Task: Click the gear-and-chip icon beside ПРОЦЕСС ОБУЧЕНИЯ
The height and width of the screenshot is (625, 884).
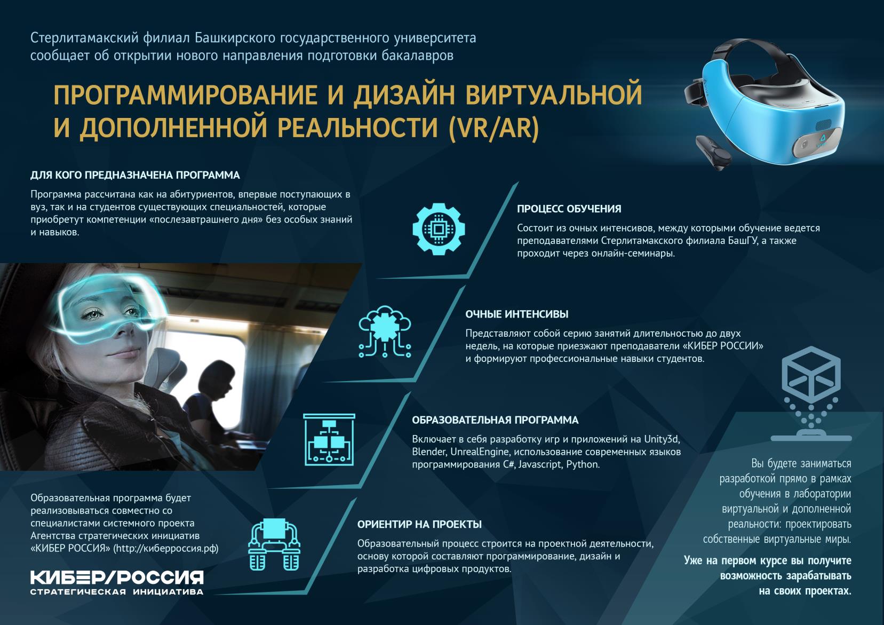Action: click(439, 229)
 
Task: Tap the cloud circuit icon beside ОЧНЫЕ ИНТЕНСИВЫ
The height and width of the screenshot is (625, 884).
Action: click(385, 332)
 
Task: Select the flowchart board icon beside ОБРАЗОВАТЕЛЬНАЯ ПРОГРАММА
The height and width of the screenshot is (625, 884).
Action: click(329, 439)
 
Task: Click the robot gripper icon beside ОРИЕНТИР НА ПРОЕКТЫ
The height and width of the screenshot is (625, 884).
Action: click(274, 544)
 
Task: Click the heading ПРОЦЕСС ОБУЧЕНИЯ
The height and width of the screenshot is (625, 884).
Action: click(569, 209)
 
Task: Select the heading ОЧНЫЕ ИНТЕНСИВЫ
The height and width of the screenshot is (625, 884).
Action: click(517, 314)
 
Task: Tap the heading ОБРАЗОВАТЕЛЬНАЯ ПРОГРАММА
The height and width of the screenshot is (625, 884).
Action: click(495, 420)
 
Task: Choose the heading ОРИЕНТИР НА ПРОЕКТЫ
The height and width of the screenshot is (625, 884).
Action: click(419, 524)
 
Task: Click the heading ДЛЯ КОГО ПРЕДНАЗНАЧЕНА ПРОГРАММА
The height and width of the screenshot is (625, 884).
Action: click(135, 175)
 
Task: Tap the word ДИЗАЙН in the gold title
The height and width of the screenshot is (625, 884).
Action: click(404, 95)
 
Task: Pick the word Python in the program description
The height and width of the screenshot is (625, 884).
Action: click(583, 464)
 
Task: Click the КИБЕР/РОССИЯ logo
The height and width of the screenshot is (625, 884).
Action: click(117, 582)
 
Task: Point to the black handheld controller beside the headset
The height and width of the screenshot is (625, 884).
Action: click(713, 153)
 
